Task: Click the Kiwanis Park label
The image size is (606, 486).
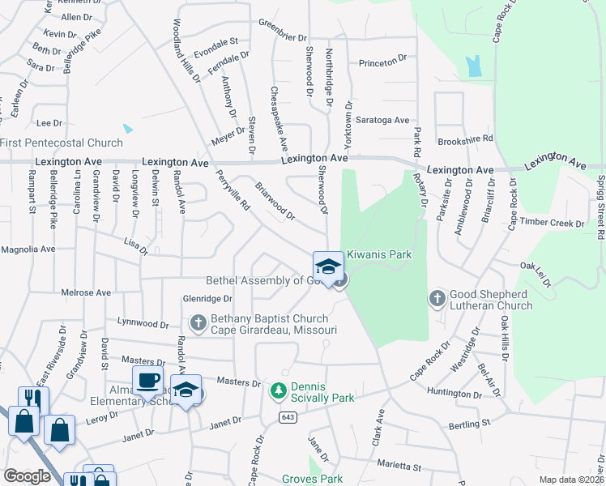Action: [379, 254]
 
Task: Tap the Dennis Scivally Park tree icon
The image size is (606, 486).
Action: [278, 391]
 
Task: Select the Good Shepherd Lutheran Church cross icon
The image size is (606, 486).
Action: [437, 299]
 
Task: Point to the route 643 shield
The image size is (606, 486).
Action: [287, 417]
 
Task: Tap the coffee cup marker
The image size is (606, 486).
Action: [148, 380]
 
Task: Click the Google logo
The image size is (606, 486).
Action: [27, 476]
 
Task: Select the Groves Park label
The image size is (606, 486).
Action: [312, 479]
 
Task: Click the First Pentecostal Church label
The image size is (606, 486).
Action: [62, 143]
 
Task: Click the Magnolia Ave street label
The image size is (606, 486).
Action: [28, 249]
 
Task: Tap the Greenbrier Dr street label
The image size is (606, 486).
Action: [283, 37]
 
